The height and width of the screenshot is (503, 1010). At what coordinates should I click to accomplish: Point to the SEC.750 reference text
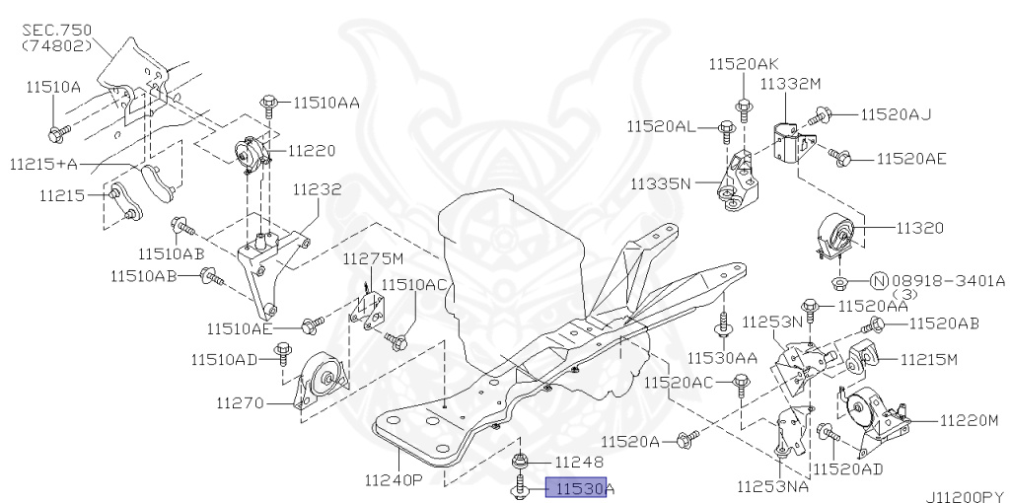tap(55, 31)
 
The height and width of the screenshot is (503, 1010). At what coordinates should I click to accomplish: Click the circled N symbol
tap(880, 280)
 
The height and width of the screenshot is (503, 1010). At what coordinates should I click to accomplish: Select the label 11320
tap(919, 228)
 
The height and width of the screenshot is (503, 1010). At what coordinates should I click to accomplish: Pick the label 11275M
tap(373, 259)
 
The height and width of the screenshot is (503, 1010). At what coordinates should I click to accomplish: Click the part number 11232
tap(316, 187)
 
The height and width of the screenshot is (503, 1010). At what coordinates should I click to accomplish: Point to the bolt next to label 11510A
tap(59, 128)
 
